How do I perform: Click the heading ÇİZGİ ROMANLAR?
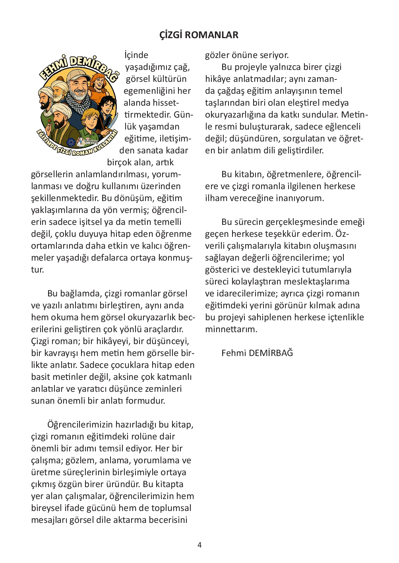[x=199, y=35]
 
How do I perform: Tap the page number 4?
[x=199, y=545]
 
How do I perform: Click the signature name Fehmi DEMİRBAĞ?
[x=257, y=353]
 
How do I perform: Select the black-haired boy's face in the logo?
[x=107, y=106]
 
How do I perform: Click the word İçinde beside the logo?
[x=136, y=55]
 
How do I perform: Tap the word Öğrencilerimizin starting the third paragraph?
[x=80, y=425]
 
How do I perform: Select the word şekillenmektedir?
[x=65, y=198]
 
